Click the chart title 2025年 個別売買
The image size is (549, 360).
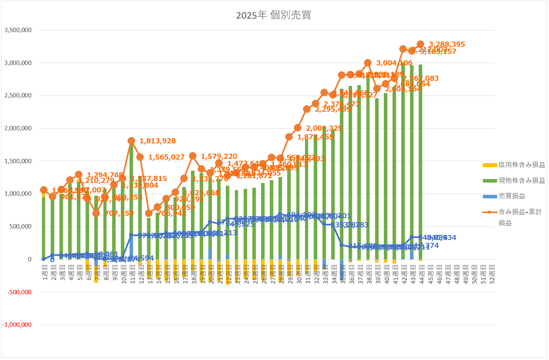coord(274,15)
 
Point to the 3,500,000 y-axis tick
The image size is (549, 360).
coord(18,30)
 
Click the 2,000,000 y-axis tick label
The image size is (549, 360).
coord(18,128)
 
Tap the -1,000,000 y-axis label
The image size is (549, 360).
coord(17,325)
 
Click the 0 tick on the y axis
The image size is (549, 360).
coord(30,259)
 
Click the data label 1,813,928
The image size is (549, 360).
coord(158,141)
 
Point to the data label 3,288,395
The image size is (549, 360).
coord(447,44)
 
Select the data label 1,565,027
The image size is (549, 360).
coord(166,157)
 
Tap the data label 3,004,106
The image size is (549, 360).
coord(394,63)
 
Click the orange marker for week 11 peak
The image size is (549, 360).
coord(132,141)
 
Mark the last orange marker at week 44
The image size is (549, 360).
coord(421,44)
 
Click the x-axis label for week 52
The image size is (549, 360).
coord(492,274)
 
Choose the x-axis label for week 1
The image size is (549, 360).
coord(44,273)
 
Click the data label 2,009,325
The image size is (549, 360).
coord(324,128)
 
